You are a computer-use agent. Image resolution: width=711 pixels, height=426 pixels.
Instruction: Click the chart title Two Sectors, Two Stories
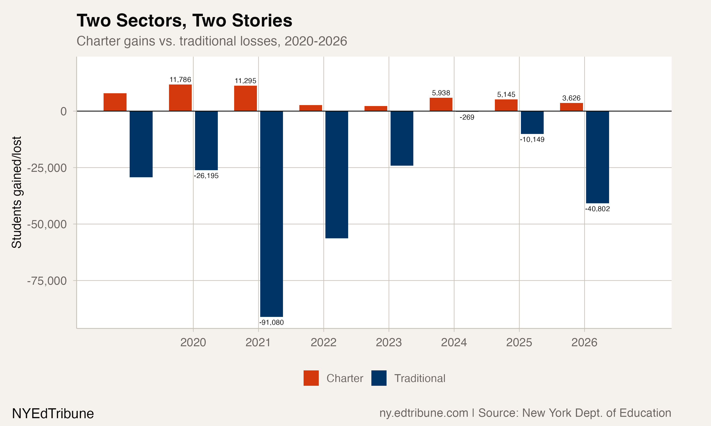pos(184,21)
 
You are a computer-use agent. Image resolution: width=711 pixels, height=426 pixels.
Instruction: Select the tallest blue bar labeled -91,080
pos(271,214)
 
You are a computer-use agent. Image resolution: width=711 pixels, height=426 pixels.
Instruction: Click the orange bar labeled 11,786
pos(180,98)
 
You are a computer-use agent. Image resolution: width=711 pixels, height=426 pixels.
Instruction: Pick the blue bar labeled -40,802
pos(597,157)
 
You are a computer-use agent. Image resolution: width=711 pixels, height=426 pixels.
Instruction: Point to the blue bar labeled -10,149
pos(532,123)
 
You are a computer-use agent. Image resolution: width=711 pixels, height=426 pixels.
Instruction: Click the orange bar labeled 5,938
pos(441,104)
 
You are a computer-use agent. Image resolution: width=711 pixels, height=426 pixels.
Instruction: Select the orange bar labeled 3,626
pos(571,107)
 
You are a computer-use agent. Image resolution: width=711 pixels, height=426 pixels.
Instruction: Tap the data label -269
pos(467,117)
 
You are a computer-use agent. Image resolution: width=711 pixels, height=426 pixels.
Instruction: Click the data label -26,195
pos(206,176)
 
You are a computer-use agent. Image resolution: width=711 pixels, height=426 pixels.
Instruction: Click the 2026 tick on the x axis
pos(584,342)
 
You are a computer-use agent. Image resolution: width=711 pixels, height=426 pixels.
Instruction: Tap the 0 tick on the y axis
pos(64,111)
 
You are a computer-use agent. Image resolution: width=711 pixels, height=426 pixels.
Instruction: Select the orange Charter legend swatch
pos(311,378)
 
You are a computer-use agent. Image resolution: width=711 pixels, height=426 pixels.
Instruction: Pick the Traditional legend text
pos(419,378)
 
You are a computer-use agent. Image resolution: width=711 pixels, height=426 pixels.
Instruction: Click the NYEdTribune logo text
pos(53,413)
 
